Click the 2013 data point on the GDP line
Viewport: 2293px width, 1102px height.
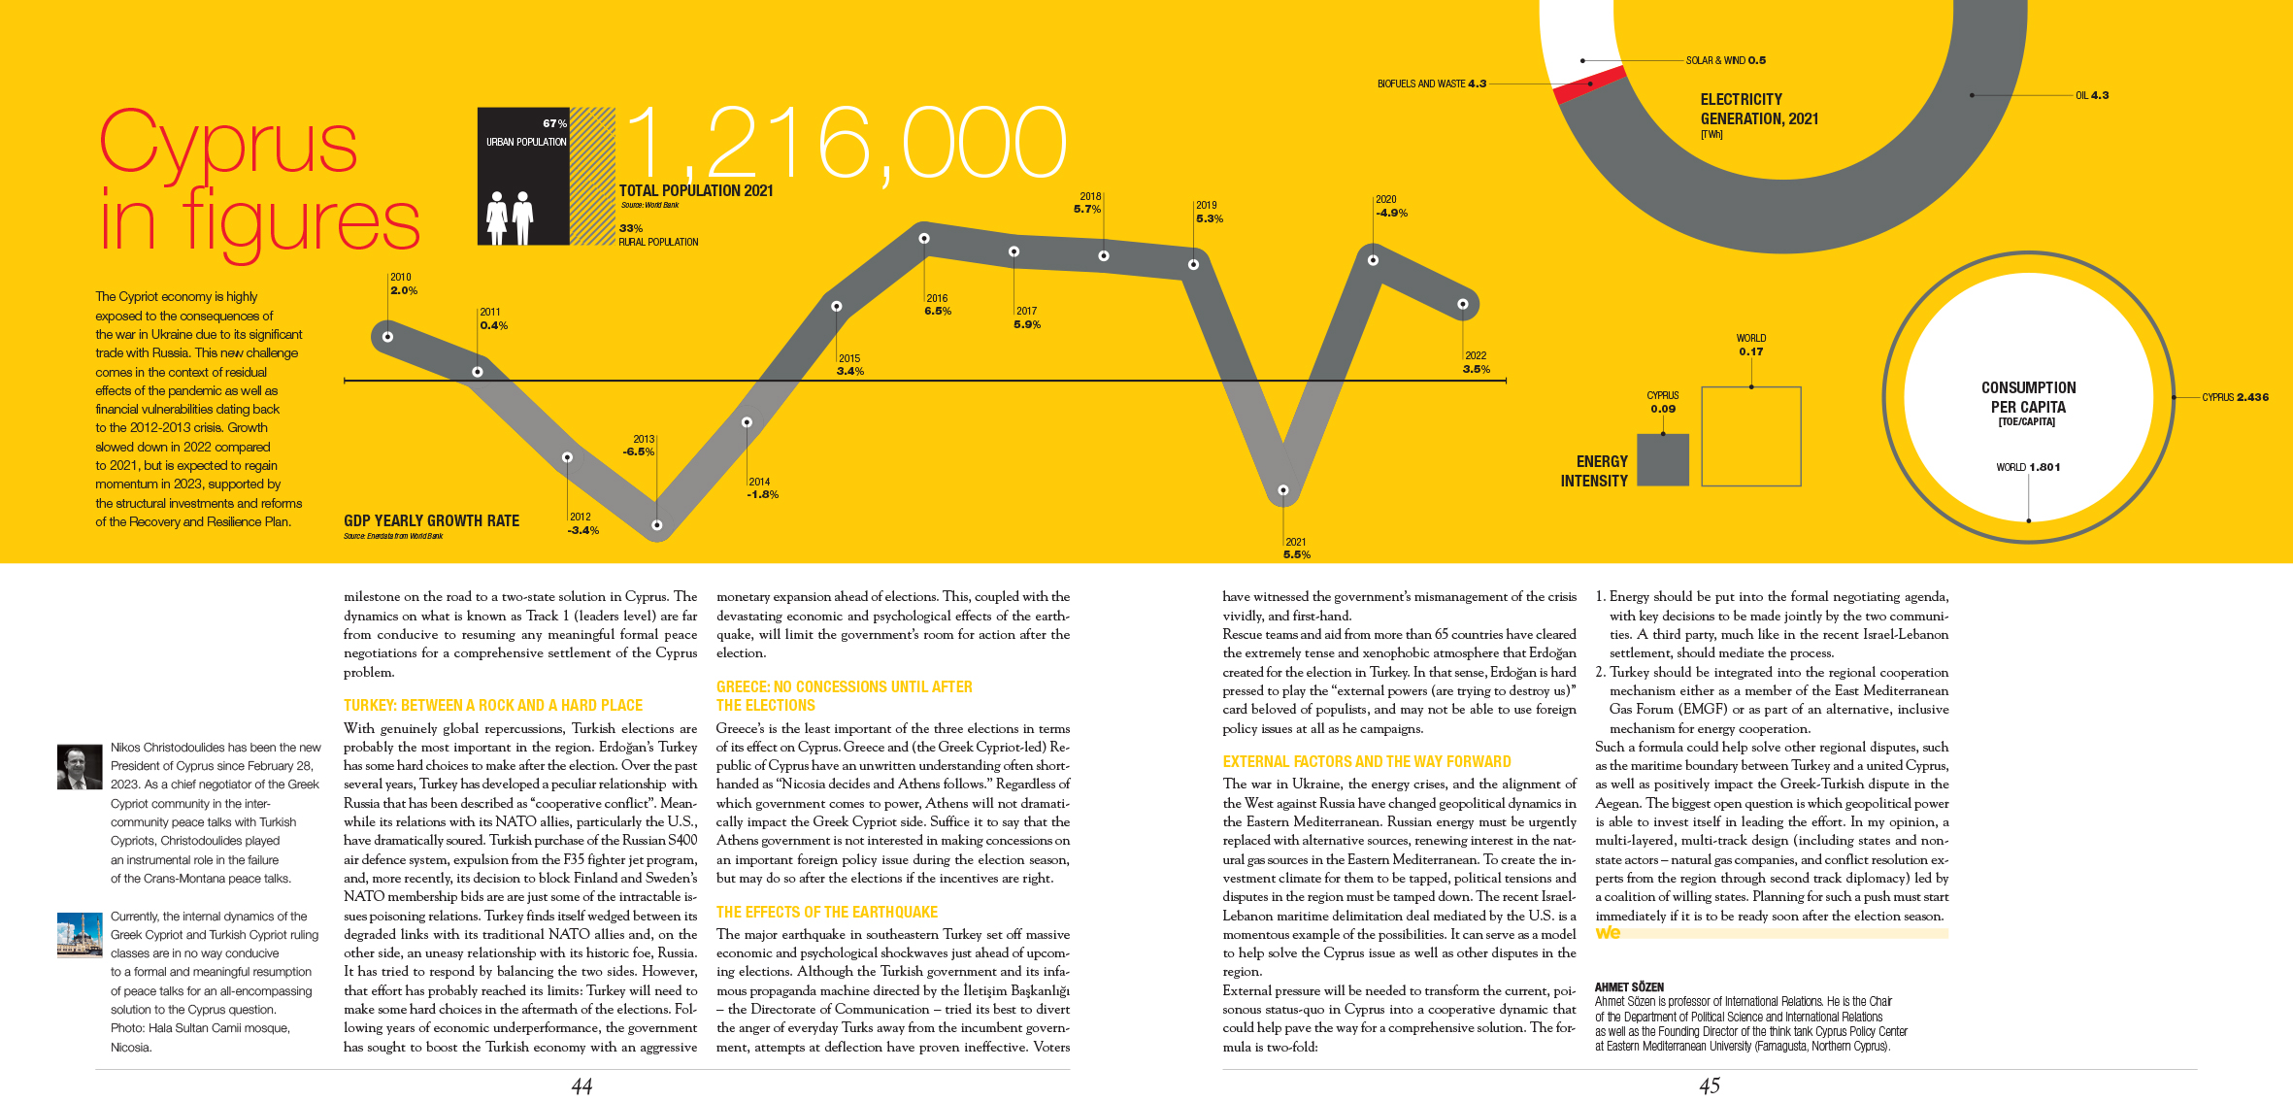pyautogui.click(x=657, y=524)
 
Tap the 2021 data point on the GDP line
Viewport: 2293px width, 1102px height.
pyautogui.click(x=1283, y=490)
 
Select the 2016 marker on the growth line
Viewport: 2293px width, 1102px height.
pyautogui.click(x=924, y=238)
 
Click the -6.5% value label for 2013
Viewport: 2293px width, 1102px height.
pyautogui.click(x=639, y=451)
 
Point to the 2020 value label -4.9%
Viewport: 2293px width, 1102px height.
pyautogui.click(x=1391, y=213)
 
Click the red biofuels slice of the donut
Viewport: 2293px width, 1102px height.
pyautogui.click(x=1589, y=84)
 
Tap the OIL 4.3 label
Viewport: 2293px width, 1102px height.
pyautogui.click(x=2092, y=95)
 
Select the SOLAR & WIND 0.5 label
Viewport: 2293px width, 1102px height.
pyautogui.click(x=1725, y=60)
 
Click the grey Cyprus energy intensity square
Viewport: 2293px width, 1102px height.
pyautogui.click(x=1663, y=459)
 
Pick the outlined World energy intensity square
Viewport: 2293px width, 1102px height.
pyautogui.click(x=1751, y=436)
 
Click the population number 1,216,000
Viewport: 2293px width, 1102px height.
pyautogui.click(x=845, y=144)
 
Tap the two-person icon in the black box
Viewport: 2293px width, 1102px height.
pyautogui.click(x=510, y=217)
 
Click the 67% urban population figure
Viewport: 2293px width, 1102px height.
pyautogui.click(x=554, y=123)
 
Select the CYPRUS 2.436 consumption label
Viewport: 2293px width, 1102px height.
pyautogui.click(x=2235, y=397)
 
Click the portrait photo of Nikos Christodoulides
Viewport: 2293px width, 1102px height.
pyautogui.click(x=80, y=766)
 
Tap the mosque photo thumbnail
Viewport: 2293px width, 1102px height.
pyautogui.click(x=80, y=935)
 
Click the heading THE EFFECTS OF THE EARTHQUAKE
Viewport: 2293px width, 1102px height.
pyautogui.click(x=826, y=913)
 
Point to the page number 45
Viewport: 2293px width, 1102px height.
pyautogui.click(x=1710, y=1085)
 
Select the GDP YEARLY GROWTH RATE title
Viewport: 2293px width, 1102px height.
pyautogui.click(x=431, y=521)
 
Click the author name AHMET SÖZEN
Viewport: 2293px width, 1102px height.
pyautogui.click(x=1629, y=986)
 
